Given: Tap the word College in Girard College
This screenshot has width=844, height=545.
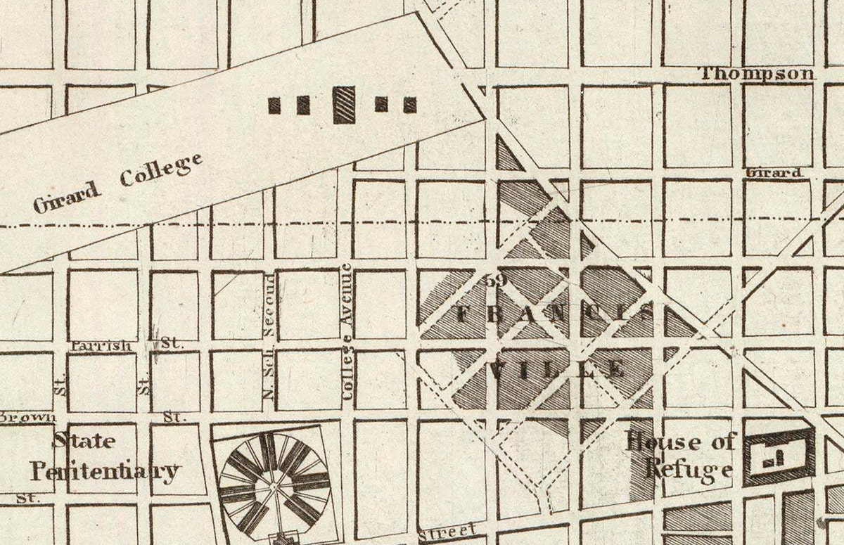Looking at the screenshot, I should [x=161, y=170].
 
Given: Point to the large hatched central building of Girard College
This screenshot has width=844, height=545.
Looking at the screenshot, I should [x=344, y=105].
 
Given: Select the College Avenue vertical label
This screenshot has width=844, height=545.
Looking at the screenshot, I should [x=347, y=331].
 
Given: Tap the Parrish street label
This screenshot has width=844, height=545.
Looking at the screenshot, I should [x=101, y=345].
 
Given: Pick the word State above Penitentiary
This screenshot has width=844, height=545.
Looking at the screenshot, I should [x=84, y=441].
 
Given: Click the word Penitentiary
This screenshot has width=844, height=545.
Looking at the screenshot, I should [x=105, y=470].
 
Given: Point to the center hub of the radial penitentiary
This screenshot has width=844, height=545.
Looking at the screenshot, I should [x=274, y=485].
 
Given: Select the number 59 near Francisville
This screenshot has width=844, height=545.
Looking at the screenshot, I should [x=496, y=280].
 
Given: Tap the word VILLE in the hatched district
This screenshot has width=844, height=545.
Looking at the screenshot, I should [x=556, y=369].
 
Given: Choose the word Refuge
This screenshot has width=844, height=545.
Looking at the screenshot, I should [x=689, y=470].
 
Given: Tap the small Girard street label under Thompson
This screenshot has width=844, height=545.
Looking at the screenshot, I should [x=774, y=172].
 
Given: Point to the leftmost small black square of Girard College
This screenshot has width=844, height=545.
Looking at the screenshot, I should [x=274, y=105].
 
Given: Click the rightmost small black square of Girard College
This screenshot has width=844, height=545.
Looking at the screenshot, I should [x=410, y=105].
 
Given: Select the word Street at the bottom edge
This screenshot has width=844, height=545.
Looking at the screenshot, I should [x=447, y=532].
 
